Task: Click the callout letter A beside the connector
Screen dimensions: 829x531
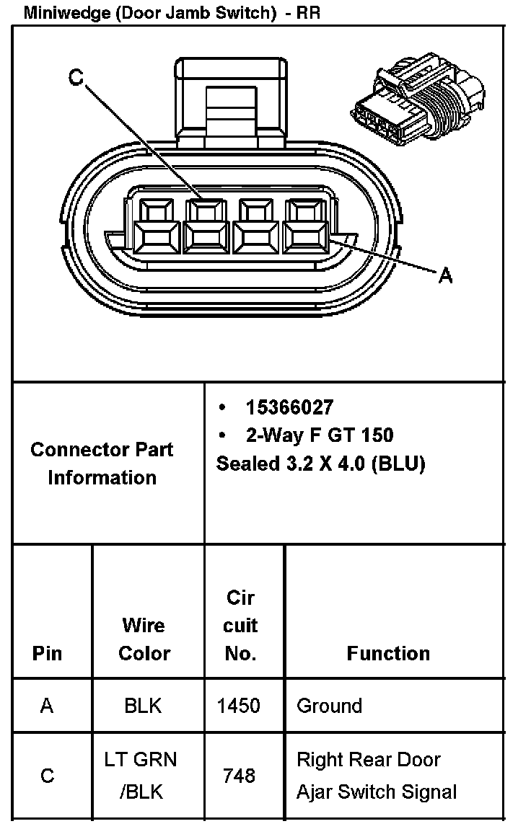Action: pos(445,275)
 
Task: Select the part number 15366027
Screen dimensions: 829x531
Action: pos(289,408)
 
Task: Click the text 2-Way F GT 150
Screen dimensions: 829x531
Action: pos(320,435)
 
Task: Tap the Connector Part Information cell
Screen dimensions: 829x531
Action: pos(102,464)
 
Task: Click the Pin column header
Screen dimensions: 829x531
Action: pos(48,653)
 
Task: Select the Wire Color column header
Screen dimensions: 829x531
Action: pos(144,639)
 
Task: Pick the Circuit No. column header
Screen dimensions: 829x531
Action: pos(240,625)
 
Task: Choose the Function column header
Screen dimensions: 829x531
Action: pos(388,653)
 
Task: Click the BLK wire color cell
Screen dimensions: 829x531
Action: pos(144,706)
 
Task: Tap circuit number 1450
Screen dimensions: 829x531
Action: pos(239,706)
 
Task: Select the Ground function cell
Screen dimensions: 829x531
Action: pos(330,706)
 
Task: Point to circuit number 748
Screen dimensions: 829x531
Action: pos(240,776)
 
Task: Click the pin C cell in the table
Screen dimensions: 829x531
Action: pos(48,776)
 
